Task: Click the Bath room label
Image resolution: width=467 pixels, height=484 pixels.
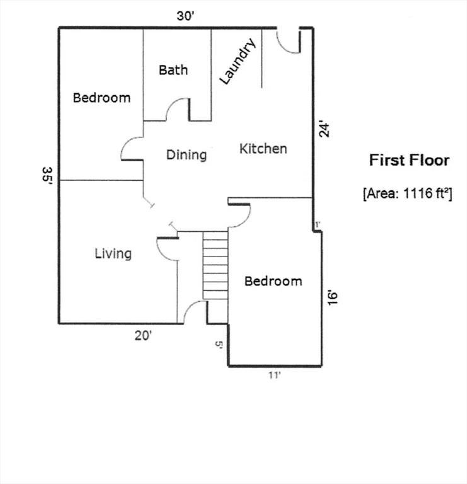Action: click(173, 70)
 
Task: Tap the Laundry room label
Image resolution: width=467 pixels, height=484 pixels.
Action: click(238, 61)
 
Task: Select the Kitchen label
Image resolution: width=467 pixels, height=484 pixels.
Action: click(263, 149)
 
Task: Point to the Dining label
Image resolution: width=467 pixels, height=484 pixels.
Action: click(187, 154)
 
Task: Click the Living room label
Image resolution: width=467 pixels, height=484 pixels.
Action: click(113, 253)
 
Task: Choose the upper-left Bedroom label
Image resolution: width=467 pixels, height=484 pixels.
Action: click(101, 98)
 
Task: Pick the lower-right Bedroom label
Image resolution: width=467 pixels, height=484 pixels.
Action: click(273, 281)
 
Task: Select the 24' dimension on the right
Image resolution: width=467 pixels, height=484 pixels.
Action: click(324, 130)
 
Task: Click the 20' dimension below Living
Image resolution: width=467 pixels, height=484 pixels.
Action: click(143, 336)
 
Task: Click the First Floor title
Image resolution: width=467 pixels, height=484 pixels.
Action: click(409, 160)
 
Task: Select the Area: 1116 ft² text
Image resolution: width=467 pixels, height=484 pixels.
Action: click(408, 193)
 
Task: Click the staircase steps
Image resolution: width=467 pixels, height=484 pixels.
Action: click(215, 265)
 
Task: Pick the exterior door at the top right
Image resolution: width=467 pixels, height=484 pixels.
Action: click(289, 42)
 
